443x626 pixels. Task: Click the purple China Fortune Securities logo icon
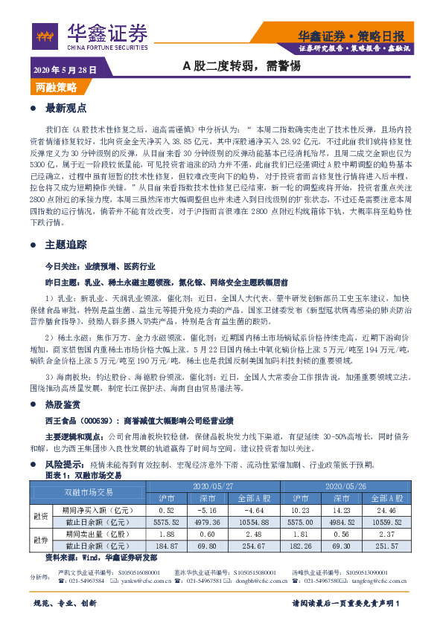[x=46, y=35]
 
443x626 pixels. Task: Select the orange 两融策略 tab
[x=56, y=87]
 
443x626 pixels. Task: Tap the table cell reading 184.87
[x=167, y=545]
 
